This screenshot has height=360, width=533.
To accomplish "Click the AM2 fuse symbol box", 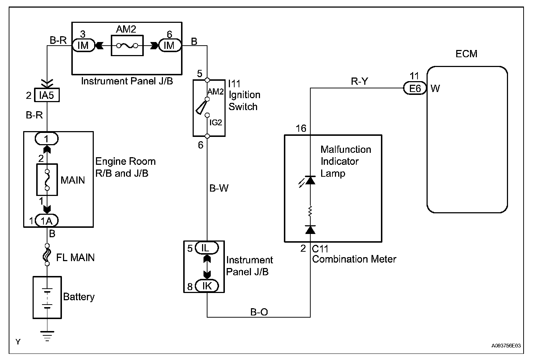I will (127, 45).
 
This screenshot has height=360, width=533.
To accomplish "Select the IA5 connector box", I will (47, 96).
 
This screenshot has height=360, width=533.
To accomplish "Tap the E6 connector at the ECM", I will (415, 88).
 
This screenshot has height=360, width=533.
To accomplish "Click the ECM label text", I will (466, 54).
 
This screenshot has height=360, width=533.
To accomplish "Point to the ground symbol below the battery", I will (47, 335).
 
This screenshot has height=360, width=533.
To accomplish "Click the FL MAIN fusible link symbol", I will (47, 256).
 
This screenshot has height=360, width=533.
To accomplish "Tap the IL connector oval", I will (206, 248).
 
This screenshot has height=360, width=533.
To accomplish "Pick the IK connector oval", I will (206, 286).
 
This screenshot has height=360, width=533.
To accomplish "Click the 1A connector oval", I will (47, 221).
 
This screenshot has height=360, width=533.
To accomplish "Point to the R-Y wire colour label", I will (360, 81).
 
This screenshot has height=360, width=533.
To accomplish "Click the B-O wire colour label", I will (259, 312).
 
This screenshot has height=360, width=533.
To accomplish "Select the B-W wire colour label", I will (219, 188).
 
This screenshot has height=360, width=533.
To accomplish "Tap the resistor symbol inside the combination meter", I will (310, 211).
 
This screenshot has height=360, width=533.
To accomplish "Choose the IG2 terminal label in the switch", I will (216, 123).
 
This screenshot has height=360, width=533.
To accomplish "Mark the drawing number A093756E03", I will (506, 346).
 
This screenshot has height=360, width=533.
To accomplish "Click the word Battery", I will (79, 297).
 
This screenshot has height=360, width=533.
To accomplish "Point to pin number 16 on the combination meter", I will (301, 129).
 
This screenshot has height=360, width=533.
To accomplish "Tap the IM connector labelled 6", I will (169, 45).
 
